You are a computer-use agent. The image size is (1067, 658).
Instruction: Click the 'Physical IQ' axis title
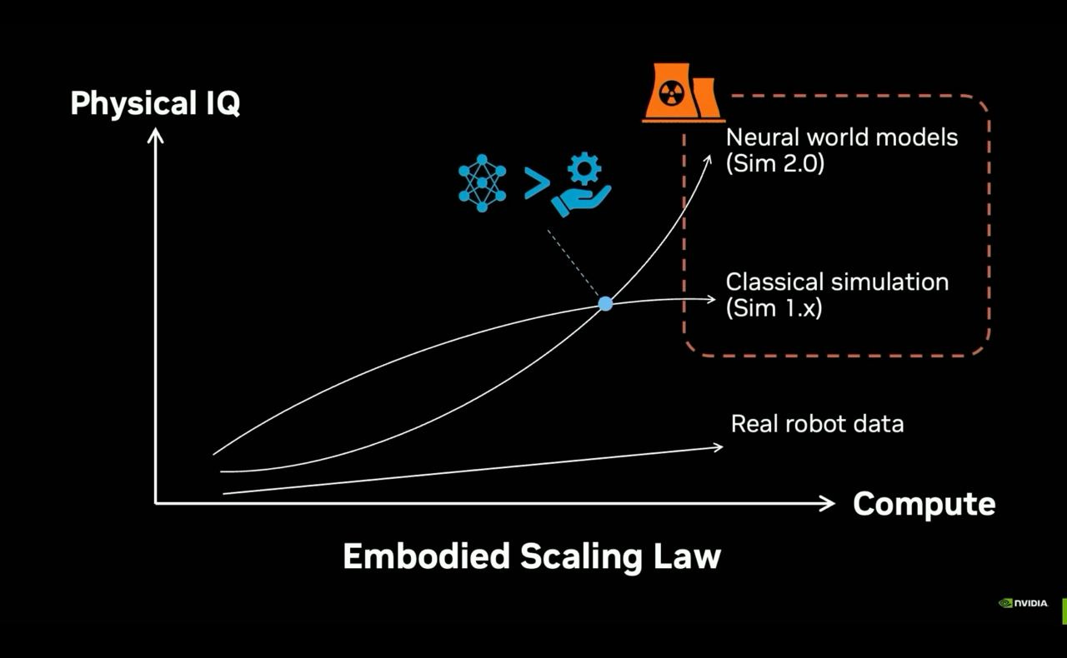point(155,103)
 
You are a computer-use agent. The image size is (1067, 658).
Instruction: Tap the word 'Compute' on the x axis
point(924,504)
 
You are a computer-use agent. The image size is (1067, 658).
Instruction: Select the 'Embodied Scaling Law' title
point(531,556)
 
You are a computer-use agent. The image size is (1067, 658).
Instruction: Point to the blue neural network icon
point(482,182)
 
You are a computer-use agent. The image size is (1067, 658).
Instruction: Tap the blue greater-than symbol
point(536,183)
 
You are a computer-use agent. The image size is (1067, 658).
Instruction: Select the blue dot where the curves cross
point(606,304)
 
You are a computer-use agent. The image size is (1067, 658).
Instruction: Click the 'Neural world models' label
point(842,137)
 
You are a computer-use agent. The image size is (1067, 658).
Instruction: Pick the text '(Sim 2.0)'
point(774,163)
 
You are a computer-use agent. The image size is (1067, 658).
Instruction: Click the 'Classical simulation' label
point(837,282)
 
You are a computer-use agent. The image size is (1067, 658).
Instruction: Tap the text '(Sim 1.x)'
point(774,307)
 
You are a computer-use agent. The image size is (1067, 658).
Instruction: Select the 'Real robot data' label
point(817,423)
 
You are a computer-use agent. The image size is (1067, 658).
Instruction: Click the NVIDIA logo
point(1023,603)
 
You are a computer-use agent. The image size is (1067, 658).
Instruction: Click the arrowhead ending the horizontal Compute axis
point(828,502)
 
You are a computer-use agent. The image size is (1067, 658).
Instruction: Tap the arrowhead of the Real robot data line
point(717,447)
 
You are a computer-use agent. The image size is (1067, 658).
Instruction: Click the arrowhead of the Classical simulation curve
point(710,300)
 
